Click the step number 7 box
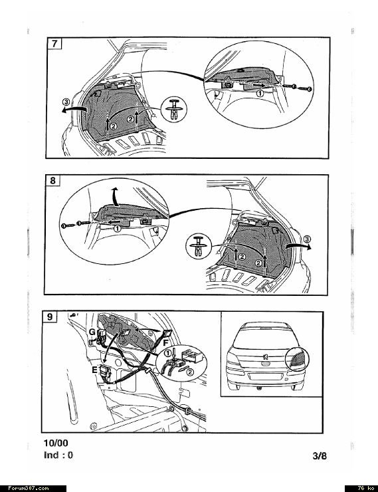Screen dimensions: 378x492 pyautogui.click(x=54, y=43)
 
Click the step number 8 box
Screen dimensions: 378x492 pyautogui.click(x=52, y=180)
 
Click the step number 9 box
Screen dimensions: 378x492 pyautogui.click(x=50, y=316)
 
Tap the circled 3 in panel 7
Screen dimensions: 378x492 pyautogui.click(x=66, y=102)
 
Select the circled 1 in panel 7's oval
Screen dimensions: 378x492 pyautogui.click(x=260, y=93)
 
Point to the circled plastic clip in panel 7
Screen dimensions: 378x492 pyautogui.click(x=173, y=110)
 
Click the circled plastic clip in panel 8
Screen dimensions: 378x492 pyautogui.click(x=199, y=246)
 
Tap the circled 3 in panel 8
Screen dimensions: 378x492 pyautogui.click(x=308, y=239)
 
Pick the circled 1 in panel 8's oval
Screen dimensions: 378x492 pyautogui.click(x=117, y=229)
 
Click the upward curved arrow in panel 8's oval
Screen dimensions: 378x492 pyautogui.click(x=116, y=196)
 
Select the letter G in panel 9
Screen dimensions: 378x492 pyautogui.click(x=92, y=332)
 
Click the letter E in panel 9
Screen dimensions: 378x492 pyautogui.click(x=94, y=370)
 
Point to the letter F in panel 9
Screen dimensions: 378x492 pyautogui.click(x=166, y=343)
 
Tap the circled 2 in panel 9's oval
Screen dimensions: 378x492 pyautogui.click(x=190, y=372)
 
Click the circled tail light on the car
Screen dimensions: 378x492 pyautogui.click(x=297, y=359)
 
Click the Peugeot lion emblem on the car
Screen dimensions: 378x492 pyautogui.click(x=265, y=357)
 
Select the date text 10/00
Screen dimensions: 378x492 pyautogui.click(x=56, y=443)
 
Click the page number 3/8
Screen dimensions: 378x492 pyautogui.click(x=320, y=455)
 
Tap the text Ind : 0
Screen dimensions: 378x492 pyautogui.click(x=58, y=455)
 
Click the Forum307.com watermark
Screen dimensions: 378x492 pyautogui.click(x=28, y=488)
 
